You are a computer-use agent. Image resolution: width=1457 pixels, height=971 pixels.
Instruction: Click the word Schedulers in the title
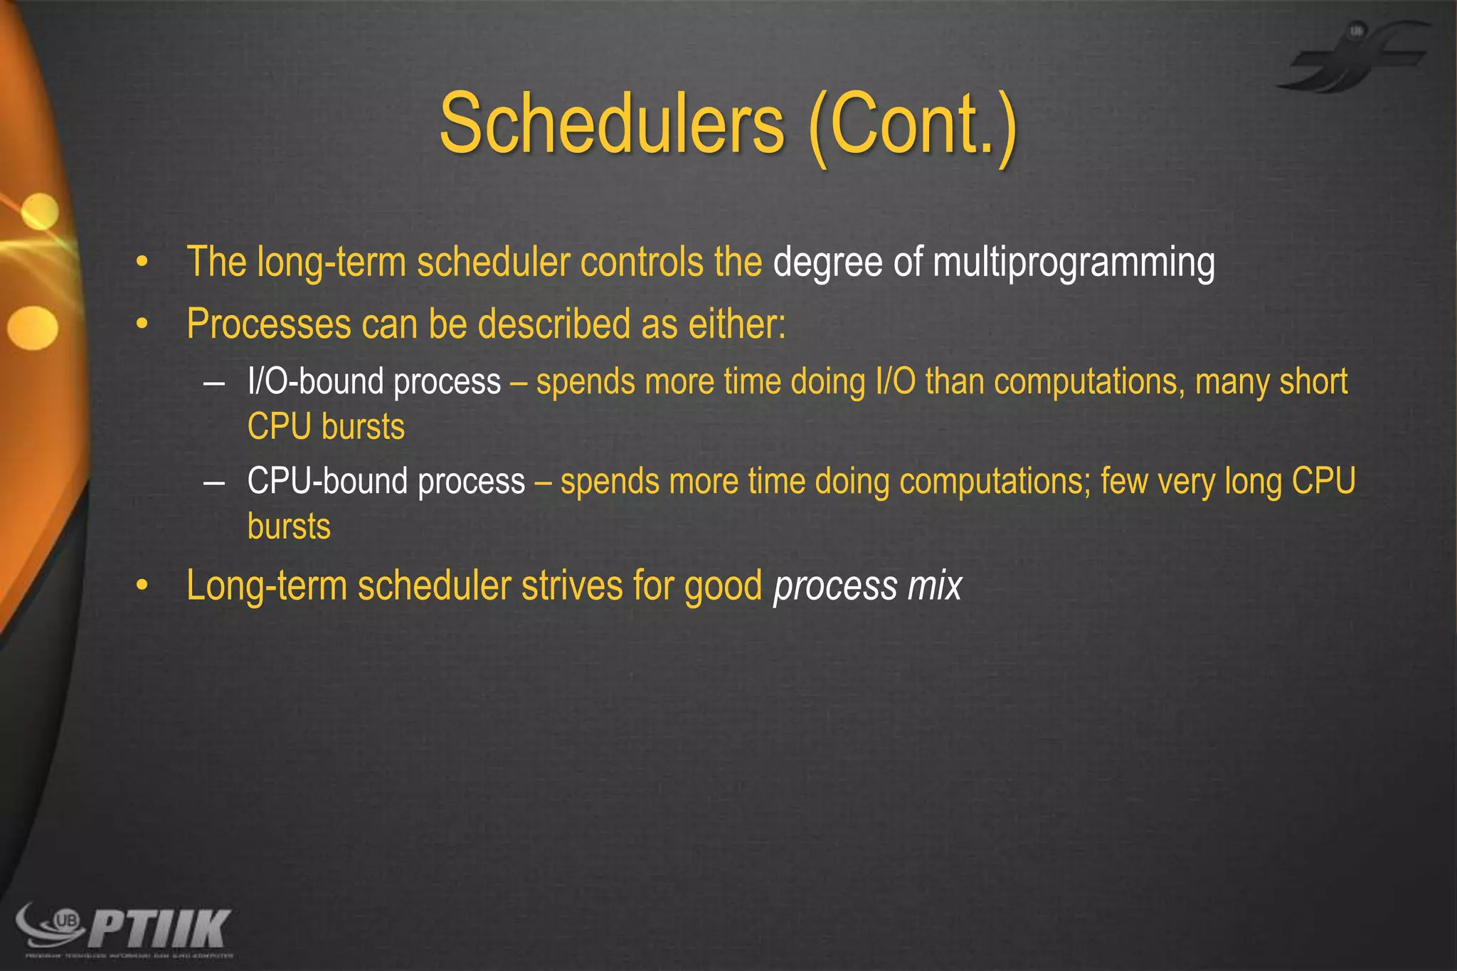pyautogui.click(x=612, y=124)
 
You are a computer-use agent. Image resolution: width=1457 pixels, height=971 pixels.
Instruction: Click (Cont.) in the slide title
pyautogui.click(x=913, y=127)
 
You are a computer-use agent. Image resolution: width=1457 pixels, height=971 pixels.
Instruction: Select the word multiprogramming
pyautogui.click(x=1074, y=263)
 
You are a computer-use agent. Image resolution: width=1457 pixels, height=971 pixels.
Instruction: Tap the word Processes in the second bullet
pyautogui.click(x=269, y=324)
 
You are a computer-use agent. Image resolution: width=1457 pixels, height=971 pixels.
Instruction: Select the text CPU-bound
pyautogui.click(x=328, y=482)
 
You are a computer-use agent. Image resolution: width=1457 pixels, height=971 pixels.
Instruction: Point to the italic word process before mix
pyautogui.click(x=835, y=588)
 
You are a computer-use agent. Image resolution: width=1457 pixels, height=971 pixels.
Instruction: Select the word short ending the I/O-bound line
pyautogui.click(x=1313, y=382)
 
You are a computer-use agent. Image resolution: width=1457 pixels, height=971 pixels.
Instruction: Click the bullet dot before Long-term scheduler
pyautogui.click(x=143, y=586)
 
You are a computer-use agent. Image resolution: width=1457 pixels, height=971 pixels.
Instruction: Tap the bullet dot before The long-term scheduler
pyautogui.click(x=143, y=263)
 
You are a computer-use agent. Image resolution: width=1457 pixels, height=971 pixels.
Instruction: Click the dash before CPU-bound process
pyautogui.click(x=213, y=482)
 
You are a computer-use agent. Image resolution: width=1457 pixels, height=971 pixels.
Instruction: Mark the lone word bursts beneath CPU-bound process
pyautogui.click(x=289, y=527)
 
